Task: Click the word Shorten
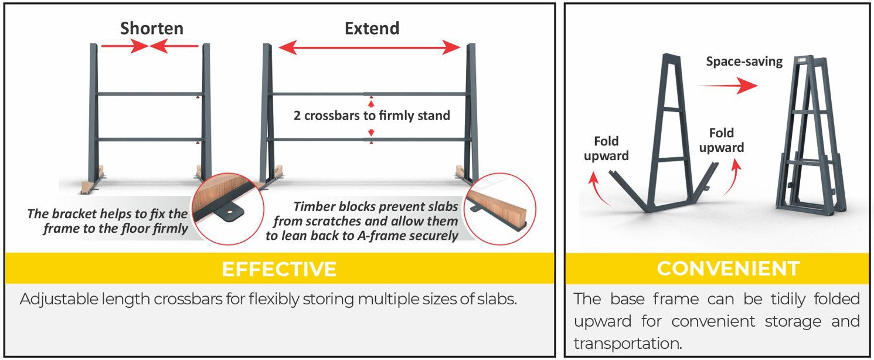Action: click(152, 29)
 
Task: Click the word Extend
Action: click(372, 29)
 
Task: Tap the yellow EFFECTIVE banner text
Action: click(279, 269)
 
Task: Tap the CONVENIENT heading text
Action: click(728, 269)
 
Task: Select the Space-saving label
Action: click(744, 62)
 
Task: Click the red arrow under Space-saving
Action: click(727, 86)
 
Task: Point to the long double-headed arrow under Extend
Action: click(369, 47)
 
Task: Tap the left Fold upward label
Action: click(606, 148)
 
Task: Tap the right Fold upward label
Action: click(721, 140)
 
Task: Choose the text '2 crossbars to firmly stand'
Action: click(372, 116)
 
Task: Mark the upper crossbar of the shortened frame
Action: click(150, 94)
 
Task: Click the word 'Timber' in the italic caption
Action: click(314, 206)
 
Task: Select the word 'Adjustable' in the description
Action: click(59, 300)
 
